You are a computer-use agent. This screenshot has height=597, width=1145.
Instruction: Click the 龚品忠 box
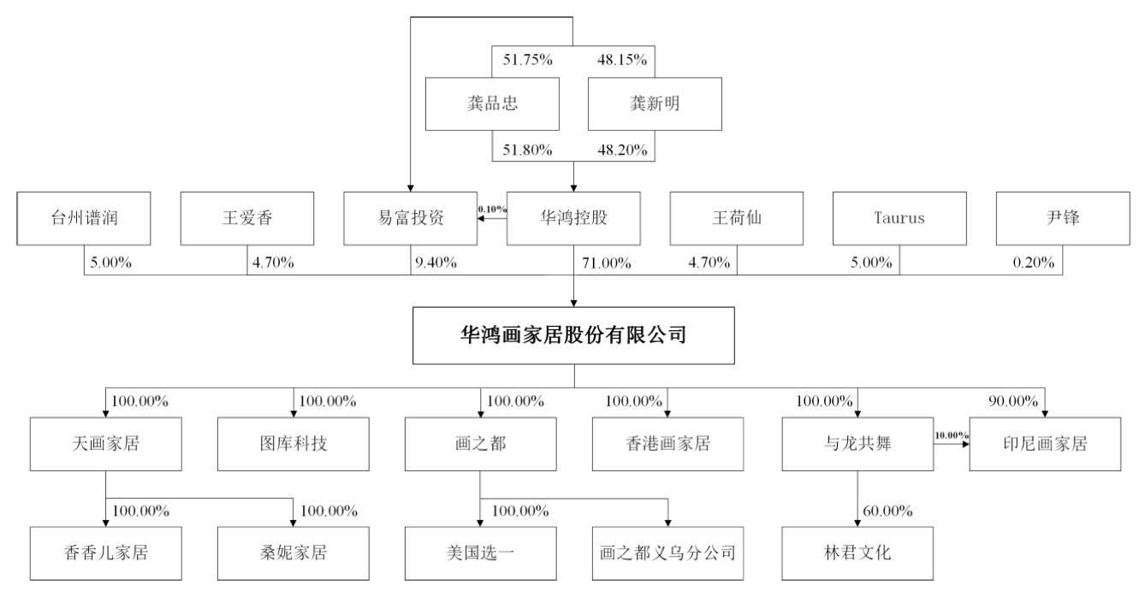(492, 103)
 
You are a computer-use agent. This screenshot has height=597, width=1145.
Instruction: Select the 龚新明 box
(655, 103)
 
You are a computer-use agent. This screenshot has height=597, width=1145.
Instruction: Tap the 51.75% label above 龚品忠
(527, 60)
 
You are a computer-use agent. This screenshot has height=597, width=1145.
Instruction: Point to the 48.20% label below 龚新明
(623, 150)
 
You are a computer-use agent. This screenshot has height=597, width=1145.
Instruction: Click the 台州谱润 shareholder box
(84, 219)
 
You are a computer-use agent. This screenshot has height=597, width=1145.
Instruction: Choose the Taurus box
(899, 219)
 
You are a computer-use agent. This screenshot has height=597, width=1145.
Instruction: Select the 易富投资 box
(411, 219)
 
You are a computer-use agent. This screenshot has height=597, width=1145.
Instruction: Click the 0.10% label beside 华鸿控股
(493, 210)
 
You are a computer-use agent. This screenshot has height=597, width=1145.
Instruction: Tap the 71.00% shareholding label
(607, 263)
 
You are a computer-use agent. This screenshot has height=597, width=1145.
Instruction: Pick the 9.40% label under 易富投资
(436, 263)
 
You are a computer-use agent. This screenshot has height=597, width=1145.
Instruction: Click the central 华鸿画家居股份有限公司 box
(573, 335)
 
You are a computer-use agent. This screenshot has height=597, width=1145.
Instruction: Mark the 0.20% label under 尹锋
(1034, 263)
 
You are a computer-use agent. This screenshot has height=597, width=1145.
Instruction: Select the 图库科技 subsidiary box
(294, 444)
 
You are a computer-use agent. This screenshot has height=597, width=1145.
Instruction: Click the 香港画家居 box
(668, 444)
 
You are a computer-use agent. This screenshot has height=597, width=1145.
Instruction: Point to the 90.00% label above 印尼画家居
(1013, 401)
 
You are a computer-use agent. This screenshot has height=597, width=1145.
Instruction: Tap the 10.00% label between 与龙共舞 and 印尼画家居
(952, 435)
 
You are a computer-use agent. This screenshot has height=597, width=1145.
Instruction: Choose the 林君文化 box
(857, 553)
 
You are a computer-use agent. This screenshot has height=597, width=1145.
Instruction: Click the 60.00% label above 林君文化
(888, 511)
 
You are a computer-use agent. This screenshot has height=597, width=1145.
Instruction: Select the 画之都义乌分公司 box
(668, 553)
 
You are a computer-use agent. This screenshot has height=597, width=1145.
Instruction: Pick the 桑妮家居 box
(294, 553)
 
